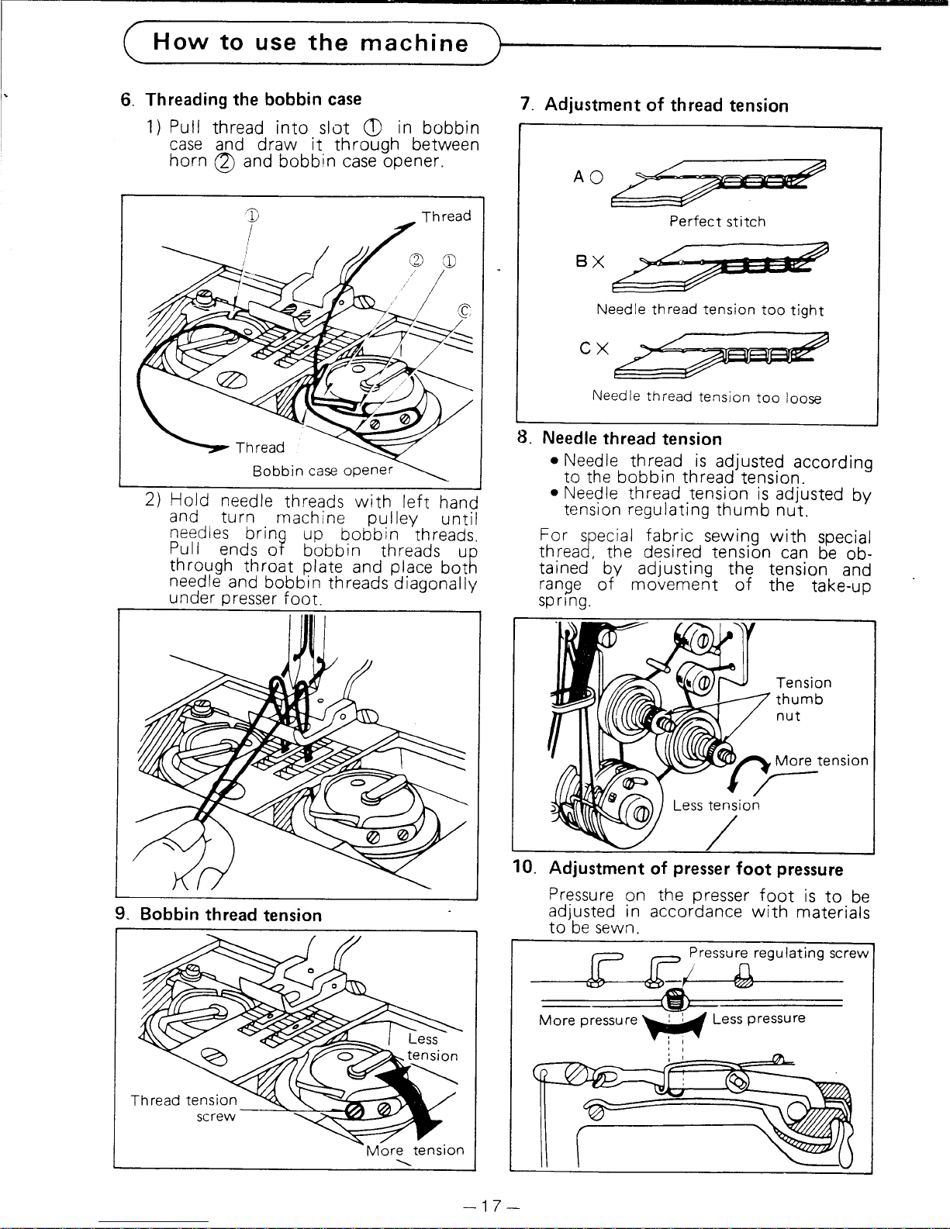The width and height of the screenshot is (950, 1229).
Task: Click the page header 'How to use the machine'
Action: (x=310, y=42)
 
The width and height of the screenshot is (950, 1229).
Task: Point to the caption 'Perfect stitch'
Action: (x=717, y=222)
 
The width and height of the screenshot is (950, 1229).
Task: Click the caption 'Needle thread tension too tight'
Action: (x=710, y=310)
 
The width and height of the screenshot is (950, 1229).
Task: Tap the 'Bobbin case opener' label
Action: (x=323, y=471)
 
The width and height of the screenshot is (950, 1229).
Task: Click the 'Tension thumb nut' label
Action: (x=803, y=699)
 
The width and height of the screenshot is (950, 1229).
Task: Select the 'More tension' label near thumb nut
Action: (x=821, y=761)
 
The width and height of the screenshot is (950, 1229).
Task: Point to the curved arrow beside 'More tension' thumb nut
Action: (x=754, y=768)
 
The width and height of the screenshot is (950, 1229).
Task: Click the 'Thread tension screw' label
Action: (x=185, y=1107)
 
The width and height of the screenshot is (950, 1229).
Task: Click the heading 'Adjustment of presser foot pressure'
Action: (x=696, y=869)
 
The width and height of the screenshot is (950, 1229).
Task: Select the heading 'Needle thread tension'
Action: (x=631, y=439)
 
